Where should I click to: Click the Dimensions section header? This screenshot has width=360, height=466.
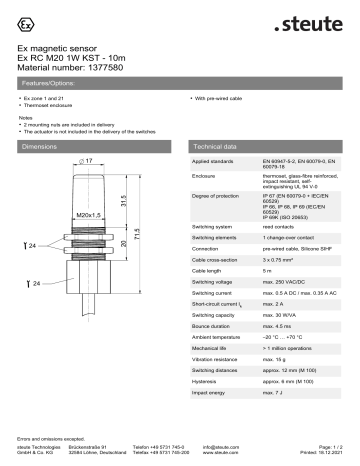click(x=41, y=146)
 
